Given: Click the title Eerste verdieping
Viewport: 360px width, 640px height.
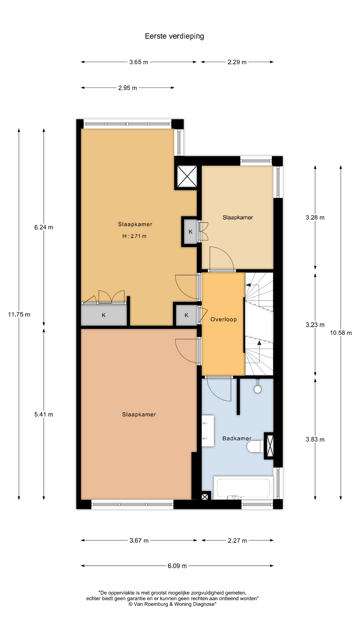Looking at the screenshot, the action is coord(174,36).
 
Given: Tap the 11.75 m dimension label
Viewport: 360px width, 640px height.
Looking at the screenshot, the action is coord(19,314).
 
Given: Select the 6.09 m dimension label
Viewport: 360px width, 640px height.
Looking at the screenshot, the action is coord(177,566).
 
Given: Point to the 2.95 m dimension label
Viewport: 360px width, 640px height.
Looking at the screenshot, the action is coord(127,88).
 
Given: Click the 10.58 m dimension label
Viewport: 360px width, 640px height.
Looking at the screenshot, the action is coord(341,333).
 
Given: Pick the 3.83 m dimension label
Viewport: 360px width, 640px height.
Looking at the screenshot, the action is coord(315,439).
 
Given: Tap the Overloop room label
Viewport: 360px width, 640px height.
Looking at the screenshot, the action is coord(223,319).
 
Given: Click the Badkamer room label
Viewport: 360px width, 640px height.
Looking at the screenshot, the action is coord(237,438).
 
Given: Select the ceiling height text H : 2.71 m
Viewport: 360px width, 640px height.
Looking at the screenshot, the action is coord(134,236).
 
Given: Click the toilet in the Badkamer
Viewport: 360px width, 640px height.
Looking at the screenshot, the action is coord(256,446).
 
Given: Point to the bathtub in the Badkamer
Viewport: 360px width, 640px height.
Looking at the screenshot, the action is coord(243,488).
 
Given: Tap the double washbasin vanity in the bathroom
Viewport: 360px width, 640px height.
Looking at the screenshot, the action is coord(208,431).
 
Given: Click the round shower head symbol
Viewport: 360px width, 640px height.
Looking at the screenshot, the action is coord(258,389).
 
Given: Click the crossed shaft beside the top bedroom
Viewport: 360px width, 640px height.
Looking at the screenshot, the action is coord(187,177).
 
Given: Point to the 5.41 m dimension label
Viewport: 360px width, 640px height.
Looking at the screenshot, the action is coord(44,414).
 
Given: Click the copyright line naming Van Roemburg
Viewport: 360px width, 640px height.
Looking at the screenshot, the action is coord(172,604).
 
